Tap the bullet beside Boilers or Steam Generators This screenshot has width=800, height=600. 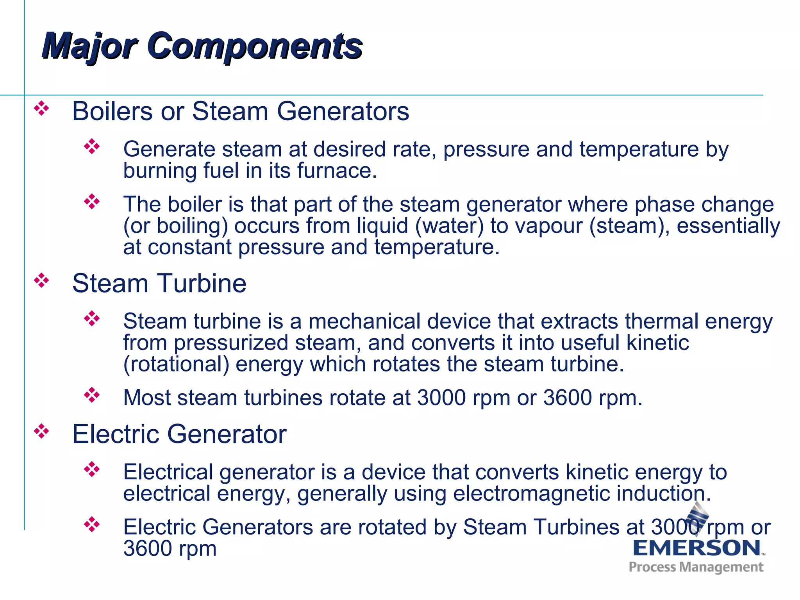pyautogui.click(x=41, y=109)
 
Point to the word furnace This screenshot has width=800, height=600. pyautogui.click(x=337, y=171)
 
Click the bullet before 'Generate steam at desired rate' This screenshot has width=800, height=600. pyautogui.click(x=92, y=146)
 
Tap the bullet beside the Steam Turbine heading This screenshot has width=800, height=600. pyautogui.click(x=41, y=280)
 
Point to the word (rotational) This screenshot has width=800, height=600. pyautogui.click(x=176, y=364)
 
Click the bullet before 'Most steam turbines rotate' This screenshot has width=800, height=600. pyautogui.click(x=92, y=395)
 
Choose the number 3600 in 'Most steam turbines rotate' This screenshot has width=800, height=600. pyautogui.click(x=568, y=398)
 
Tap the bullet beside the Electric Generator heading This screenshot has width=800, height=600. pyautogui.click(x=41, y=431)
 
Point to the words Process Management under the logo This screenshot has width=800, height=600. pyautogui.click(x=696, y=567)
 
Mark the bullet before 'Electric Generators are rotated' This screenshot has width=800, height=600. pyautogui.click(x=92, y=524)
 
